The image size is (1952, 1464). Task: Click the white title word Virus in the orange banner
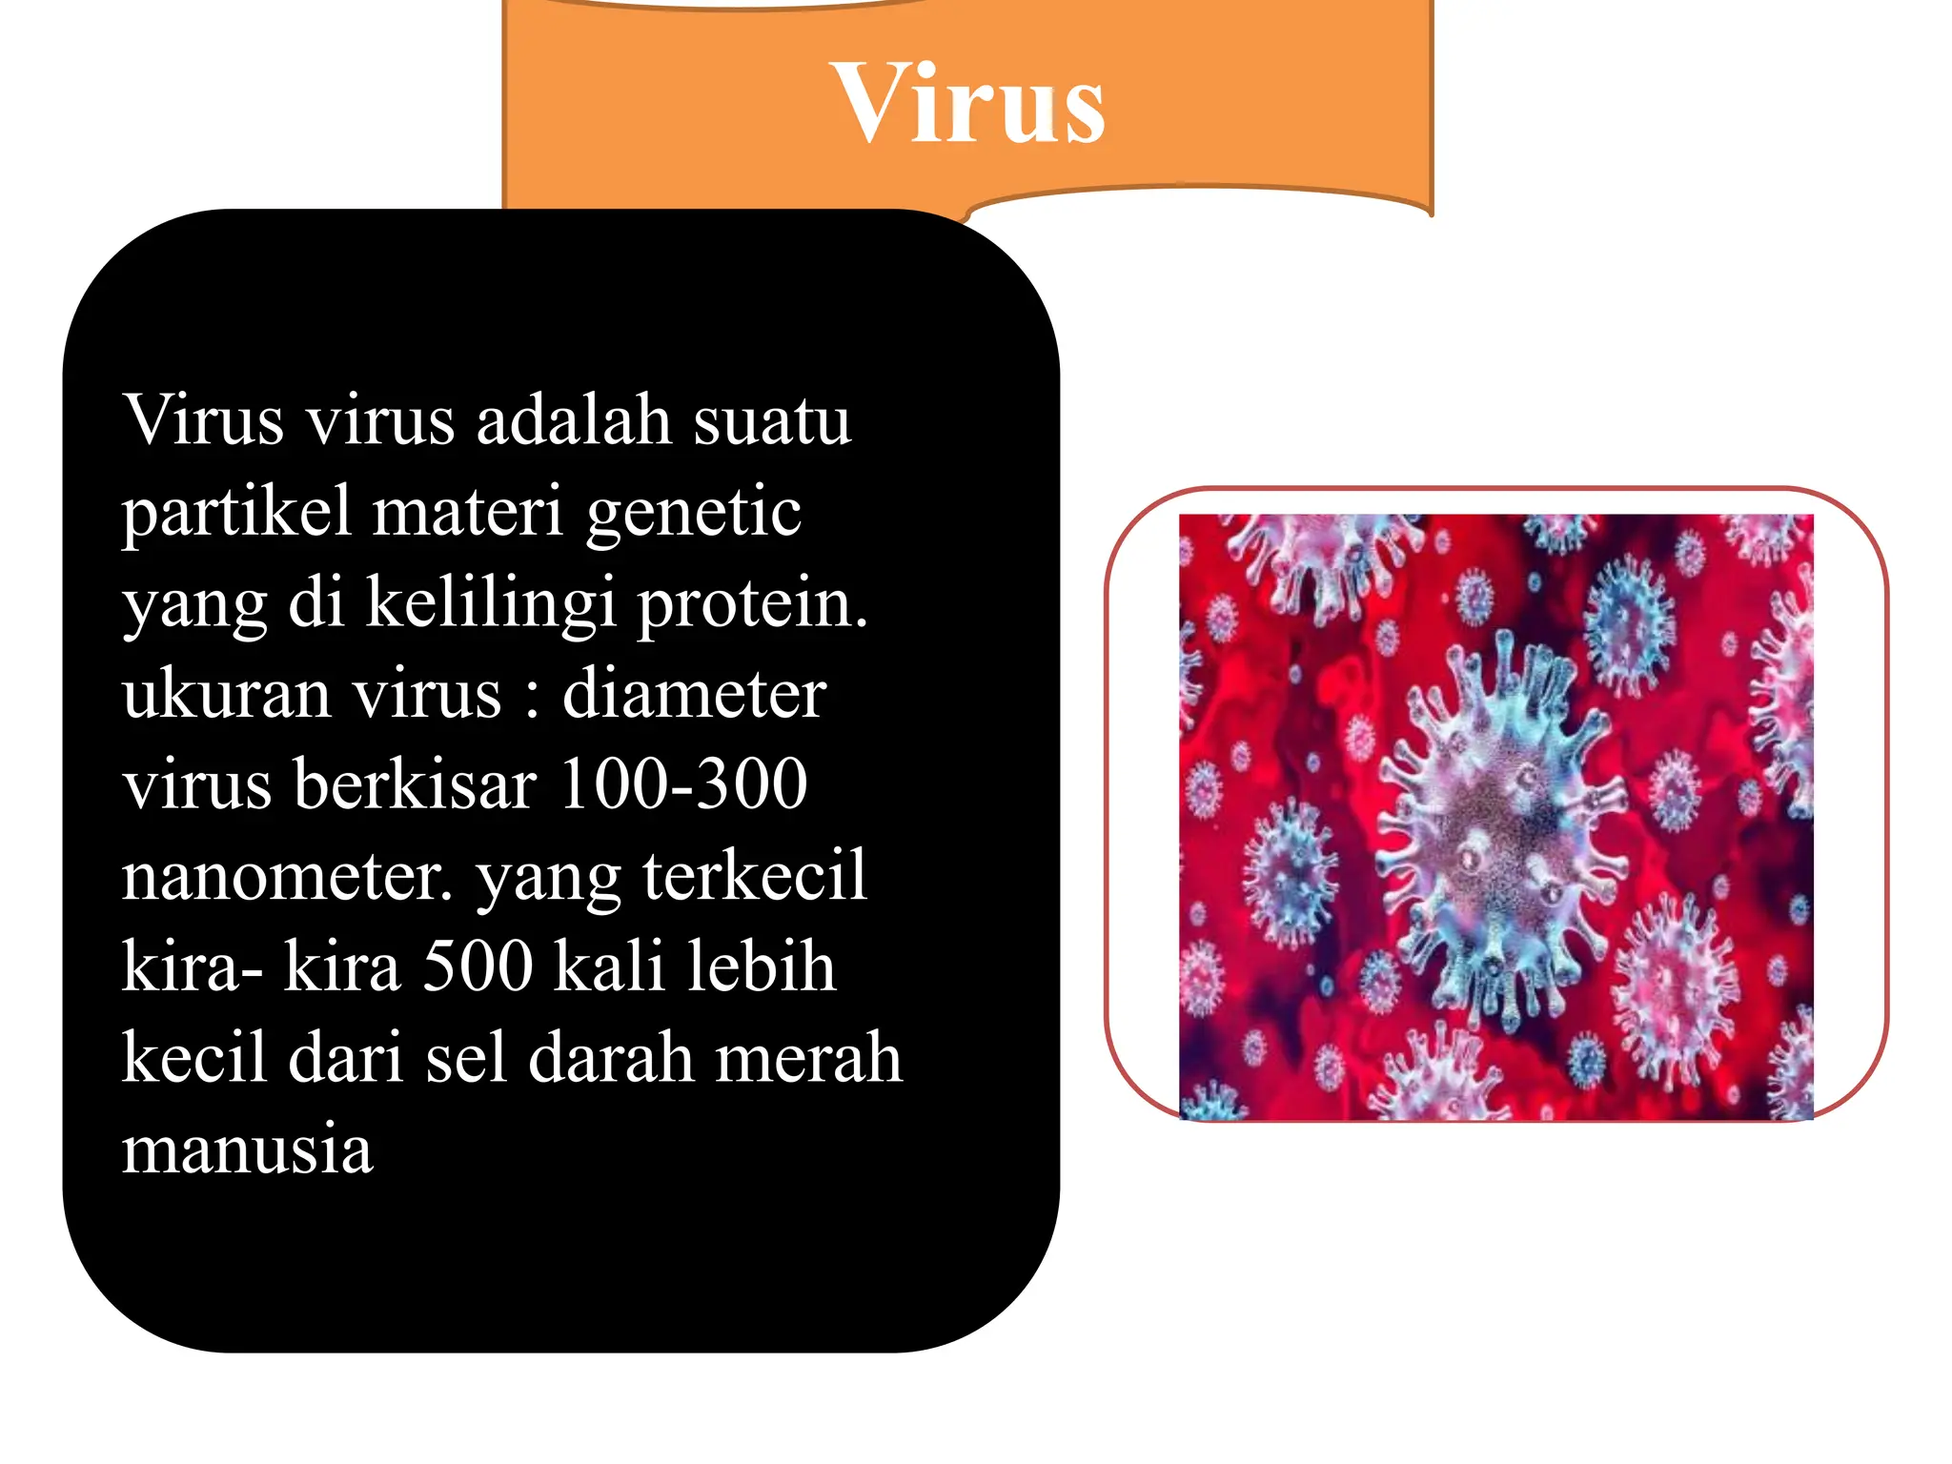pos(966,103)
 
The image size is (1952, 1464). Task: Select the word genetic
pos(693,513)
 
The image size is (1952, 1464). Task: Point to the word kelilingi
pos(490,603)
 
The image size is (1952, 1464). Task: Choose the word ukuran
pos(226,694)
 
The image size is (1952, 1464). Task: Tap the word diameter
pos(694,694)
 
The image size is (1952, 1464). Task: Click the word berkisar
pos(416,784)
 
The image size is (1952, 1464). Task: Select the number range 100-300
pos(683,784)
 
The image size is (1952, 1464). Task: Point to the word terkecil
pos(754,875)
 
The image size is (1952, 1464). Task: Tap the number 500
pos(478,966)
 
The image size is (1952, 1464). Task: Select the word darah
pos(610,1058)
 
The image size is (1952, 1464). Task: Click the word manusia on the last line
pos(247,1149)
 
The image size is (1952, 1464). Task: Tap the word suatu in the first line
pos(771,419)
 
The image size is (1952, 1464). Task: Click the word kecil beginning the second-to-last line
pos(194,1058)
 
